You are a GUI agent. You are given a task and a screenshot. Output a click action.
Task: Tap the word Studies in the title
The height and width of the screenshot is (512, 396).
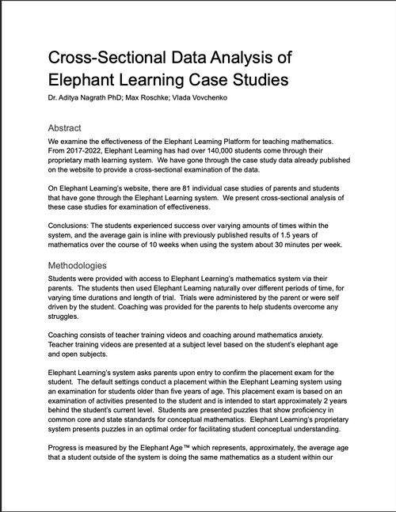244,80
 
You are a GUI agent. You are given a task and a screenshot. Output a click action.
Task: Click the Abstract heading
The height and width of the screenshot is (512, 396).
70,127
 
